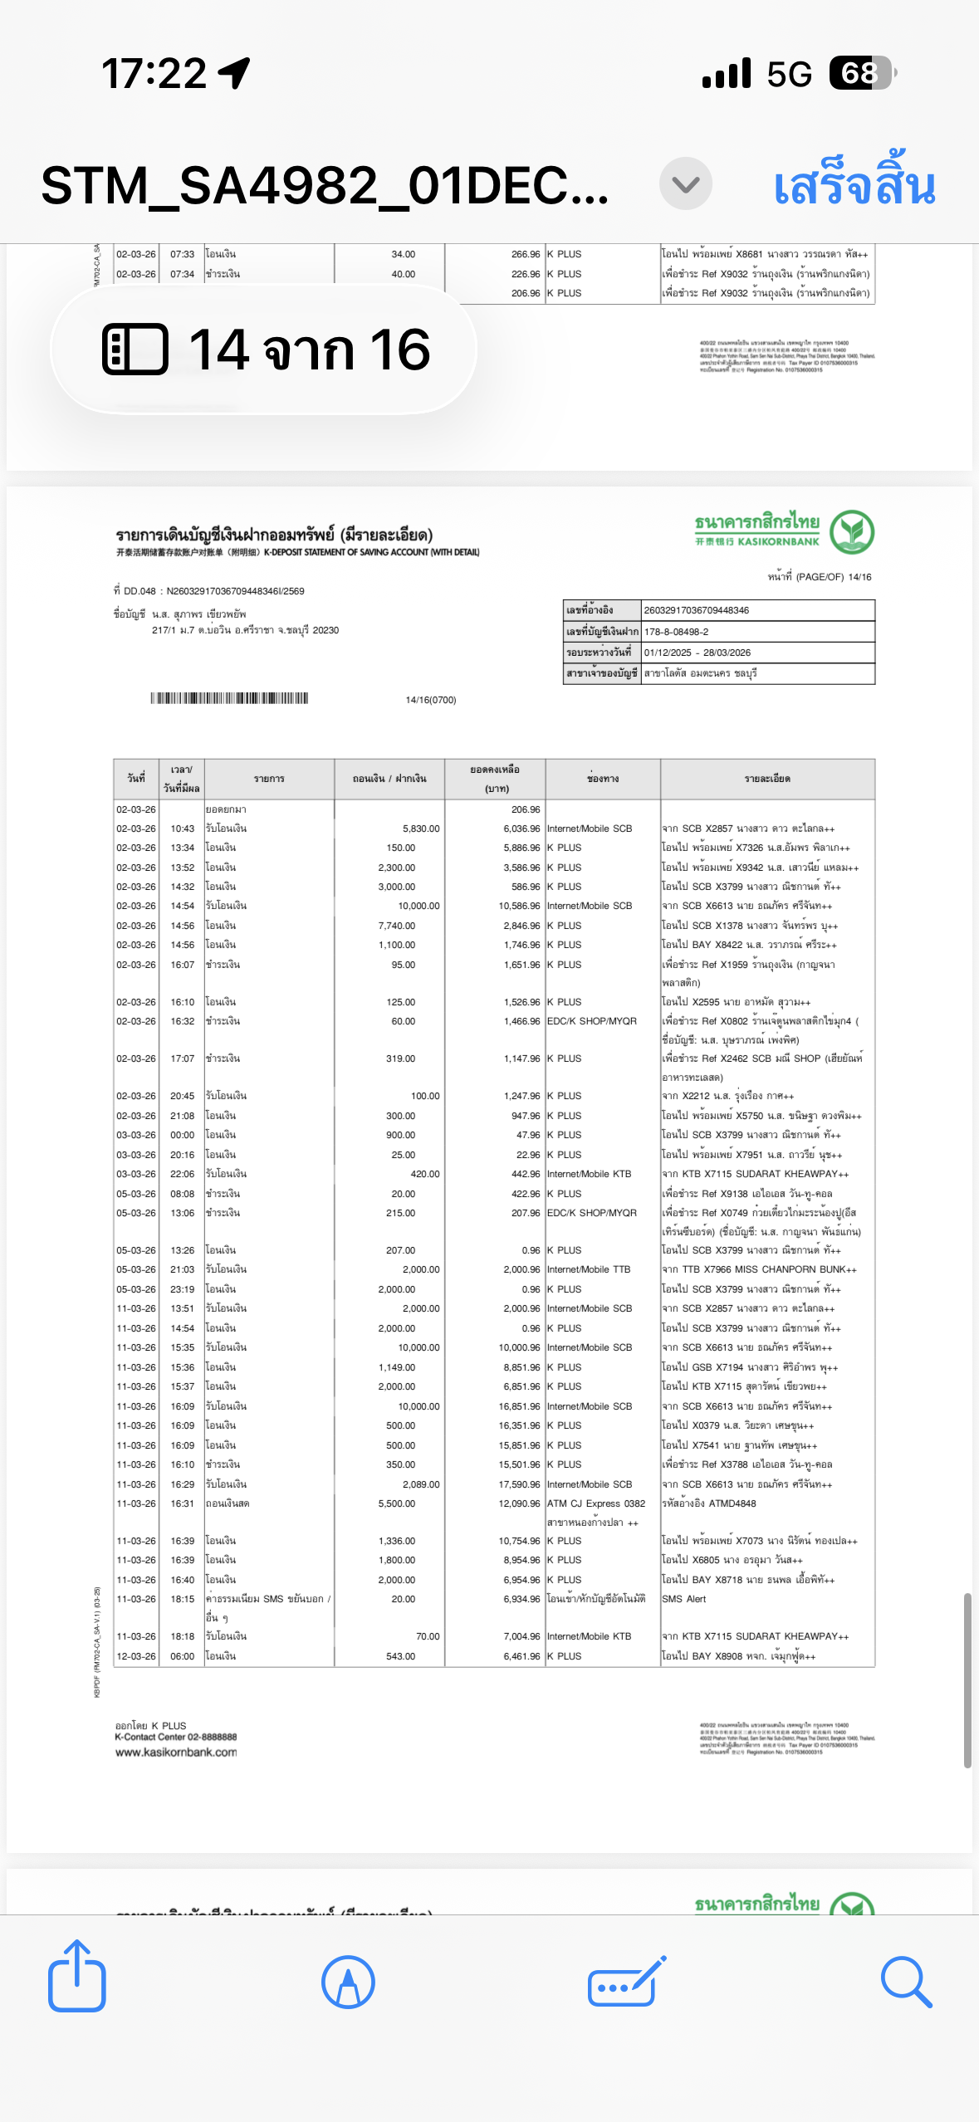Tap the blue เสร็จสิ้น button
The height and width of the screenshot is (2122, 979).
(x=854, y=186)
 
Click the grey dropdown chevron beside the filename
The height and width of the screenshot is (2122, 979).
(x=685, y=184)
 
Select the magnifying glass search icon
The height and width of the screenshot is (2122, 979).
(x=905, y=1982)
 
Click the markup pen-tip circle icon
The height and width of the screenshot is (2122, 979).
(x=348, y=1982)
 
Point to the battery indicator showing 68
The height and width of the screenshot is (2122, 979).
(x=861, y=74)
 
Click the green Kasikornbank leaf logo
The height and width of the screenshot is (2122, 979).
(x=852, y=531)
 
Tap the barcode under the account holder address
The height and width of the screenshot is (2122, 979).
(x=229, y=698)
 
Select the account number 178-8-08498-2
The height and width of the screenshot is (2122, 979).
(x=676, y=632)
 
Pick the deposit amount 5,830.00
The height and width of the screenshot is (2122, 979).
(x=421, y=829)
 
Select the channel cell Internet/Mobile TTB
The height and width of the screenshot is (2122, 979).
(x=589, y=1269)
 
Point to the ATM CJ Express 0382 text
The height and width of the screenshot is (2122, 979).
(x=596, y=1503)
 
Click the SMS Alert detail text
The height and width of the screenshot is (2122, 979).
(x=684, y=1599)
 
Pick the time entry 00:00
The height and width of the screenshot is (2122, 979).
(x=183, y=1135)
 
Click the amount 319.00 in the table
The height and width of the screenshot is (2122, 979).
(x=400, y=1059)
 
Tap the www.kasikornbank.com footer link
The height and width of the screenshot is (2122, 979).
(x=176, y=1753)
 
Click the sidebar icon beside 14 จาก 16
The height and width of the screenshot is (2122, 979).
(x=135, y=349)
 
